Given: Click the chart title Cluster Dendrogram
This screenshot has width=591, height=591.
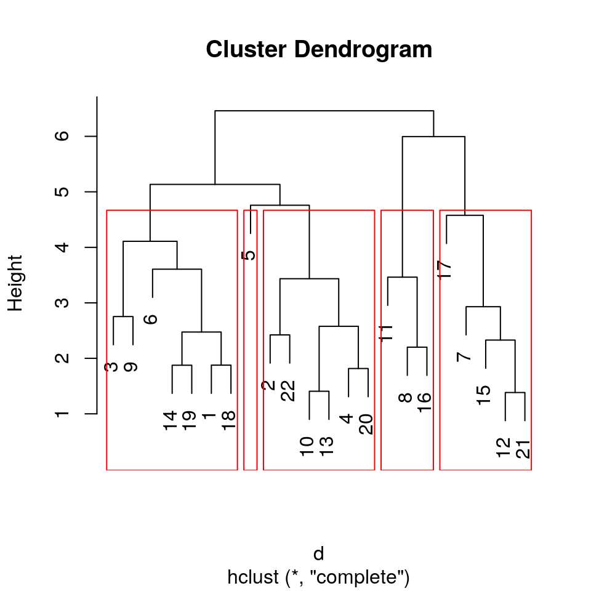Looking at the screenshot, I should click(x=319, y=50).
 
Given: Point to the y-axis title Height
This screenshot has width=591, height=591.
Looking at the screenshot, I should click(x=15, y=283).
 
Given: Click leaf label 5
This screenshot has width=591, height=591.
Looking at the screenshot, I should click(x=249, y=255).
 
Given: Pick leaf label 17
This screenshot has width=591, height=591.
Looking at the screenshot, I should click(x=446, y=269).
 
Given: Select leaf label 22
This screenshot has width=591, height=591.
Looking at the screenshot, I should click(x=288, y=391).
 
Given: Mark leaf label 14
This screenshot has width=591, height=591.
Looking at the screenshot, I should click(x=171, y=420).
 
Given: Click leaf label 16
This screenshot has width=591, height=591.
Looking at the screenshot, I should click(x=424, y=402).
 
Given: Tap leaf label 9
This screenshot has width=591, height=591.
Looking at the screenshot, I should click(x=131, y=368).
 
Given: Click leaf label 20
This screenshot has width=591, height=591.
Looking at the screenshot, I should click(x=366, y=424).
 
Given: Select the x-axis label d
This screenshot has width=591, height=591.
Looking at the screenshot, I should click(x=319, y=554).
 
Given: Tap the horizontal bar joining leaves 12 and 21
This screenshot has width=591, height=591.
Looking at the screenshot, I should click(x=515, y=392).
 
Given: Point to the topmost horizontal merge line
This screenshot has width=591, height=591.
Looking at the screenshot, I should click(x=324, y=111).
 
